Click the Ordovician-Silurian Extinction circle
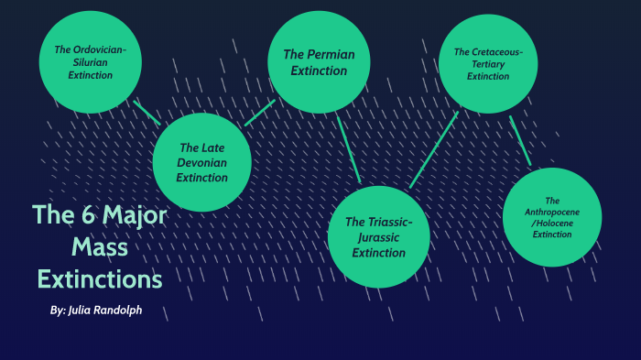pyautogui.click(x=90, y=62)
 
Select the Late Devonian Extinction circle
pyautogui.click(x=202, y=162)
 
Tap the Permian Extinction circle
pyautogui.click(x=318, y=62)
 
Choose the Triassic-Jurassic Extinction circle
pyautogui.click(x=378, y=236)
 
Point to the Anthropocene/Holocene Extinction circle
pyautogui.click(x=551, y=217)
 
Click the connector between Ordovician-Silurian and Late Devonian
pyautogui.click(x=147, y=113)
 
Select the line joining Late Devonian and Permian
pyautogui.click(x=260, y=113)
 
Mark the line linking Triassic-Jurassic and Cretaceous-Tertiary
pyautogui.click(x=434, y=149)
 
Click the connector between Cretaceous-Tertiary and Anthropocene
pyautogui.click(x=520, y=140)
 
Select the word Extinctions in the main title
pyautogui.click(x=99, y=278)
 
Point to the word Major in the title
pyautogui.click(x=135, y=216)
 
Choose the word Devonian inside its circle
pyautogui.click(x=201, y=162)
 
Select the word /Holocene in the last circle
pyautogui.click(x=552, y=224)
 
